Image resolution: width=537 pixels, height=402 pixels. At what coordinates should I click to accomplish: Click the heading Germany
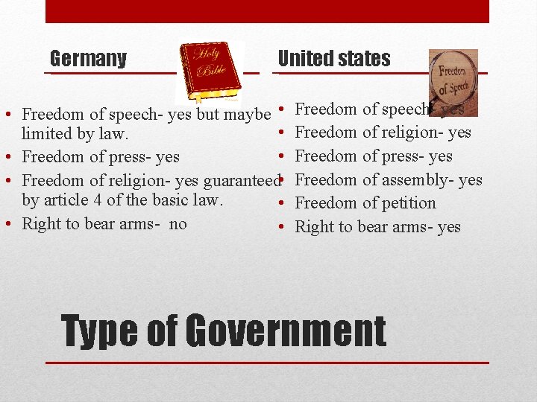click(x=88, y=59)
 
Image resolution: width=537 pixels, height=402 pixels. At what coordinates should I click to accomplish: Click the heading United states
click(x=334, y=59)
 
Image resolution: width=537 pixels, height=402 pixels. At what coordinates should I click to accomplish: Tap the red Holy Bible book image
click(x=209, y=71)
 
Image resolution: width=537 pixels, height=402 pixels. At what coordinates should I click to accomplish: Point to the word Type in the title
click(x=102, y=331)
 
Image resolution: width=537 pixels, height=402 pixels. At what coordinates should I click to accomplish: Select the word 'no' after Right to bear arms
click(x=178, y=223)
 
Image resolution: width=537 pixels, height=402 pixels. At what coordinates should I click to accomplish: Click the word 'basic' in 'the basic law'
click(x=158, y=200)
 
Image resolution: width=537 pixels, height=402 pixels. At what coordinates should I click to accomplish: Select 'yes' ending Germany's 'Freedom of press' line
click(x=168, y=157)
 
